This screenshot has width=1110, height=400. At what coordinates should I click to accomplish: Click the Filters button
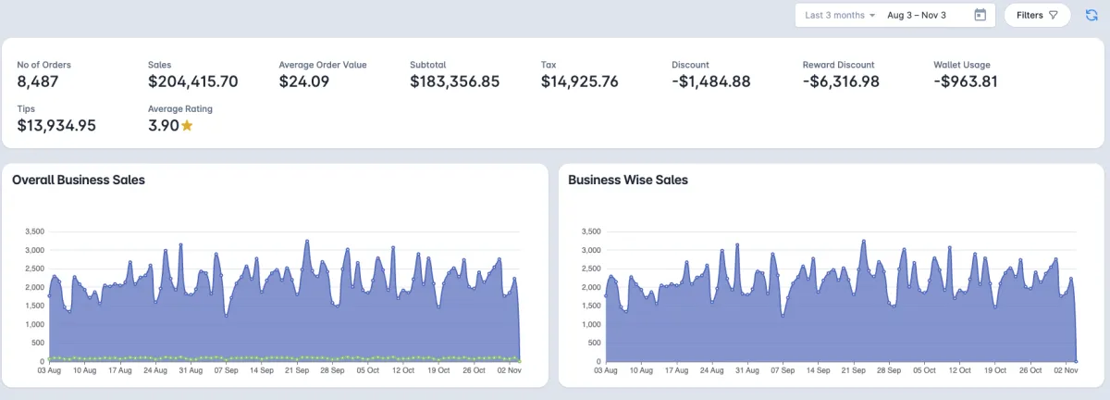click(x=1036, y=15)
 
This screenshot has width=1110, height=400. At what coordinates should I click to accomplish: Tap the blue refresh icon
click(x=1091, y=15)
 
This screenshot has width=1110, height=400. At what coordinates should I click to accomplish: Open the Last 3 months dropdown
click(x=840, y=15)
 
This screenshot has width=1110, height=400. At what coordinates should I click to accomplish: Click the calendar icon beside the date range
click(x=980, y=15)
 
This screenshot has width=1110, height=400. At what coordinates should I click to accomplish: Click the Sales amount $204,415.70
click(x=192, y=81)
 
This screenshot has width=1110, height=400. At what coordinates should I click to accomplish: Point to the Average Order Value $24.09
click(x=304, y=81)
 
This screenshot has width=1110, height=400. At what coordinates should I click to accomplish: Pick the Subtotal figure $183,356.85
click(x=454, y=81)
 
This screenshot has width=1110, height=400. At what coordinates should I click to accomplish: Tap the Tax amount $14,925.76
click(x=579, y=81)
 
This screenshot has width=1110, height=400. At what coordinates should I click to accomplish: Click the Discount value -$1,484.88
click(x=710, y=81)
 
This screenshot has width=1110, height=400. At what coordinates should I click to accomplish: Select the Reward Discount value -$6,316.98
click(x=840, y=81)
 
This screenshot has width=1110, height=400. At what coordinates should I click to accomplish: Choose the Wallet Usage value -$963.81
click(x=966, y=81)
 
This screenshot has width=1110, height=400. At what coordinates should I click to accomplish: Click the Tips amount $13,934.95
click(x=56, y=125)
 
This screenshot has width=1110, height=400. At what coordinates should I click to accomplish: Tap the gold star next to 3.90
click(x=187, y=125)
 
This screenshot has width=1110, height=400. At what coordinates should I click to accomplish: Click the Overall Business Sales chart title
click(x=79, y=180)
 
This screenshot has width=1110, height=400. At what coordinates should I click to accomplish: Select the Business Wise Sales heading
click(x=628, y=180)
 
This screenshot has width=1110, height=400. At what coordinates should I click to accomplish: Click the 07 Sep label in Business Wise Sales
click(x=783, y=370)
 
